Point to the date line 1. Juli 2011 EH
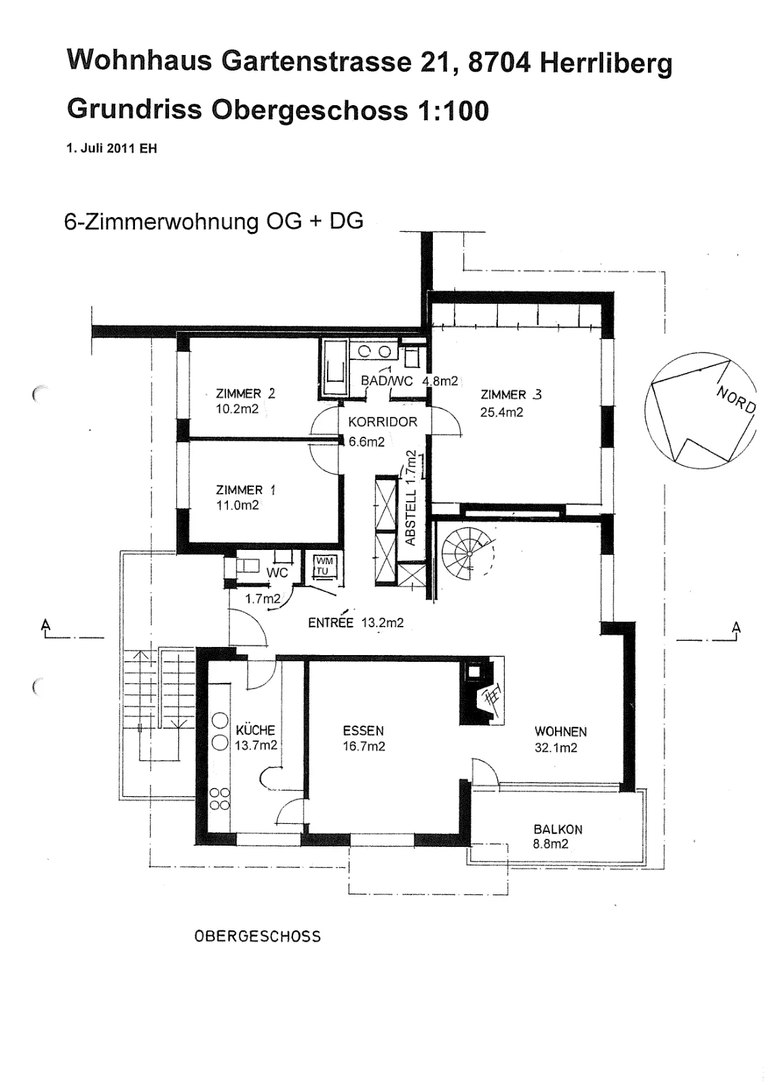pyautogui.click(x=111, y=149)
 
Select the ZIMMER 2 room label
pyautogui.click(x=245, y=393)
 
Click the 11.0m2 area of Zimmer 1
pyautogui.click(x=237, y=505)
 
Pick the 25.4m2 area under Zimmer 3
pyautogui.click(x=501, y=412)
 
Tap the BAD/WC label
pyautogui.click(x=387, y=380)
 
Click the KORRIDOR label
pyautogui.click(x=383, y=422)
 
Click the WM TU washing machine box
pyautogui.click(x=324, y=566)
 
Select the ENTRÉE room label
pyautogui.click(x=330, y=623)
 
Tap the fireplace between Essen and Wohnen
pyautogui.click(x=482, y=690)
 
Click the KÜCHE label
pyautogui.click(x=255, y=730)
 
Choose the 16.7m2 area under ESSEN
pyautogui.click(x=364, y=747)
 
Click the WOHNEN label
pyautogui.click(x=560, y=732)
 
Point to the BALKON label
pyautogui.click(x=558, y=829)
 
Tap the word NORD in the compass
pyautogui.click(x=736, y=400)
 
